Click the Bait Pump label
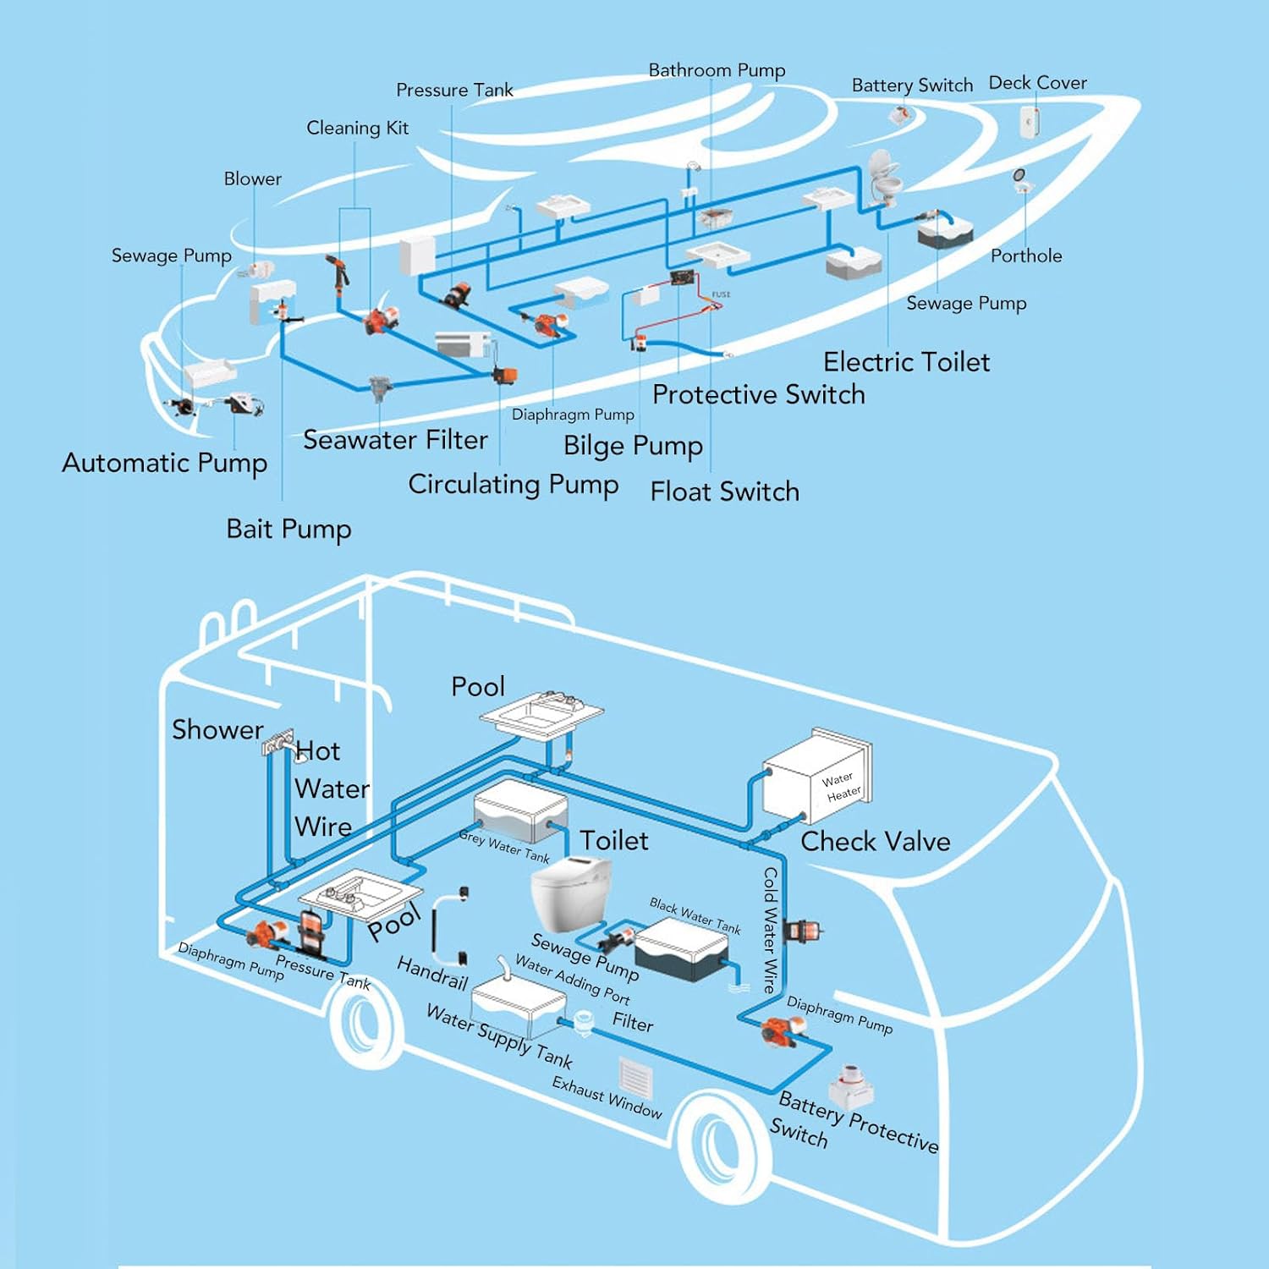coord(288,530)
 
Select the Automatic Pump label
coord(165,464)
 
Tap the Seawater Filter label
coord(395,441)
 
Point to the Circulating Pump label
coord(513,485)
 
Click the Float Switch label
coord(724,492)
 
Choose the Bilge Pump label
coord(633,446)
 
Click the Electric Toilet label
coord(906,363)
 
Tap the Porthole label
coord(1025,256)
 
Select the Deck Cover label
coord(1037,83)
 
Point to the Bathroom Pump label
coord(717,70)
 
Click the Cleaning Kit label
coord(357,129)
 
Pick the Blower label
coord(252,179)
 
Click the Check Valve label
coord(875,842)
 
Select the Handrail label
coord(432,974)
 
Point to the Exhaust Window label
coord(607,1097)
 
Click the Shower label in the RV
coord(217,730)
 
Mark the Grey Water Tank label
coord(504,846)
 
